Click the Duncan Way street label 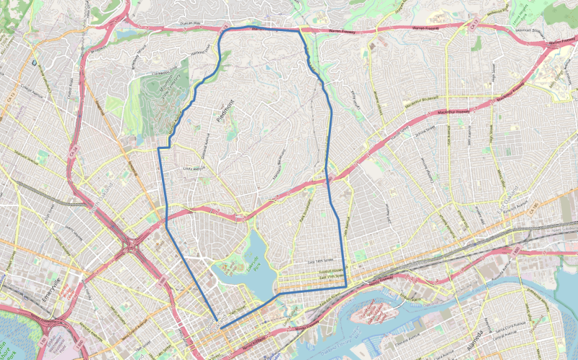(x=189, y=24)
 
